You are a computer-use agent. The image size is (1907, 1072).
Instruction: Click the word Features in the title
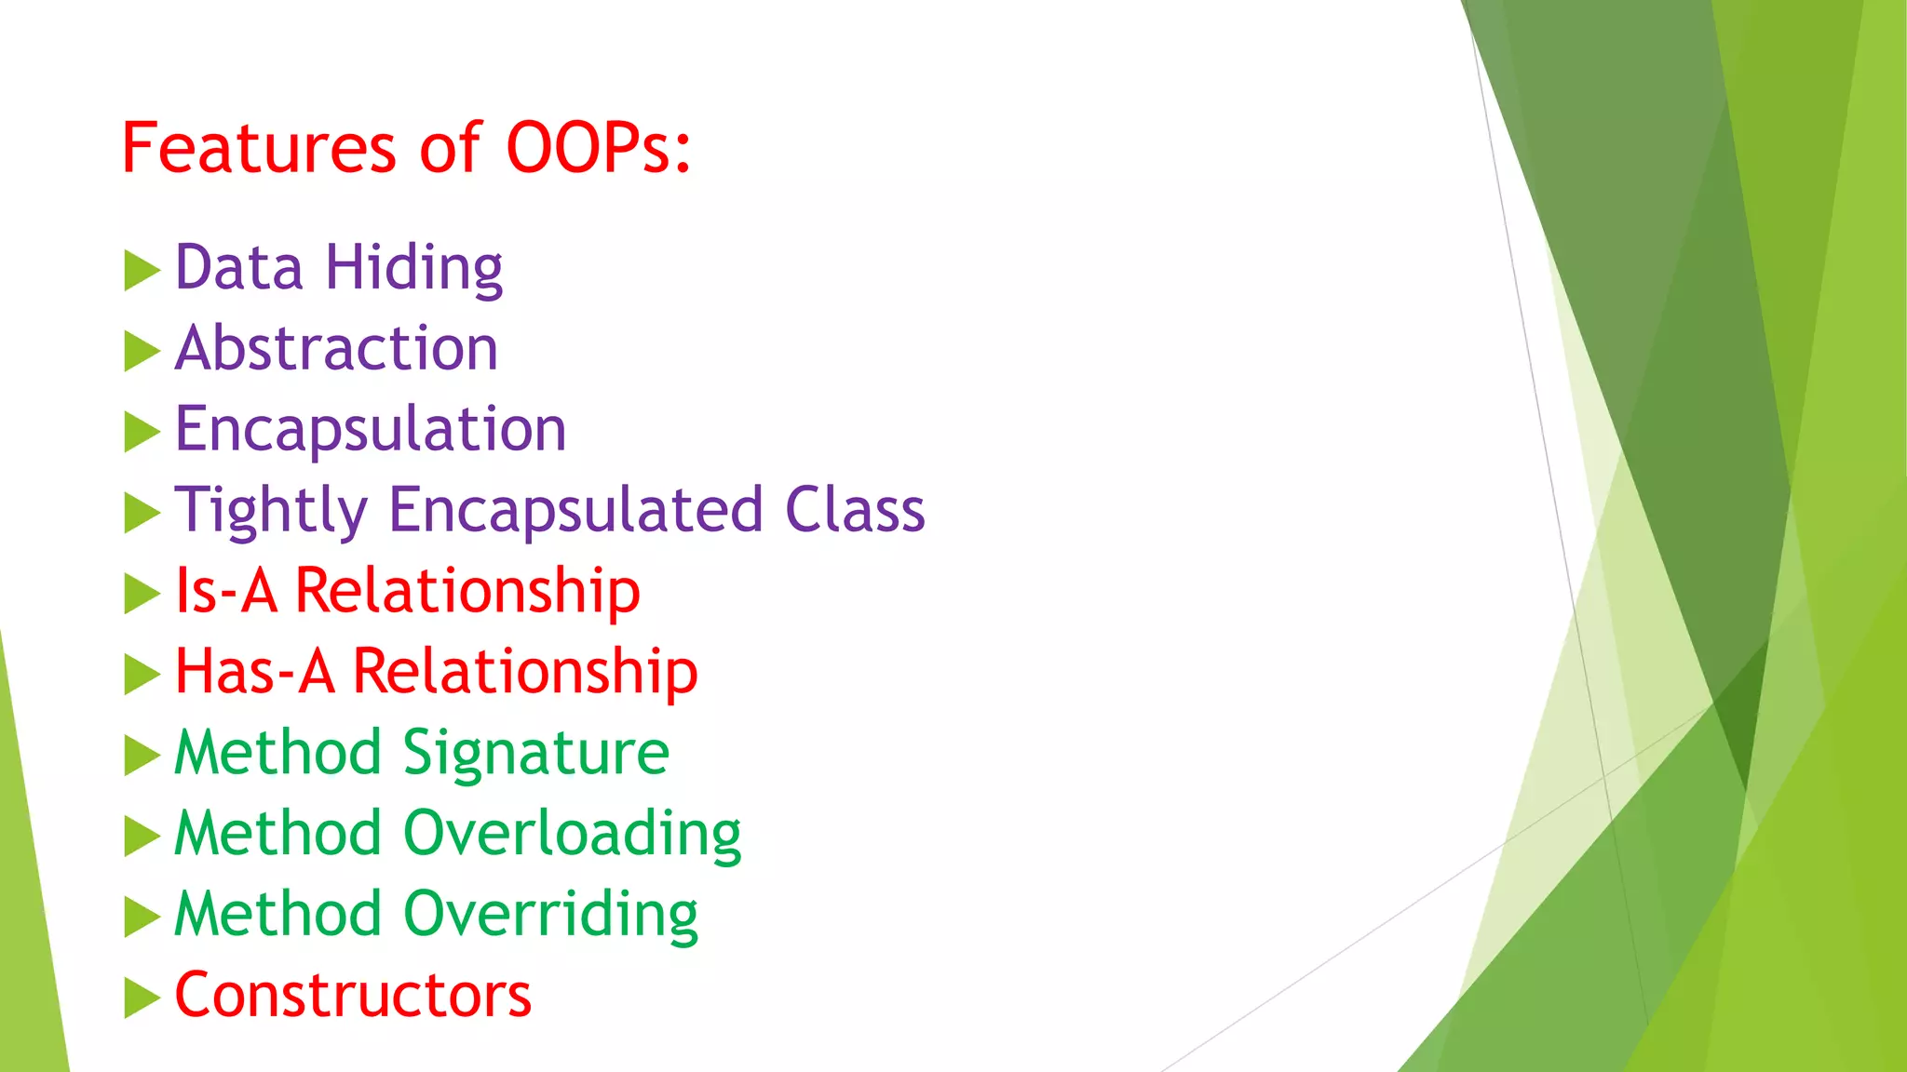coord(259,149)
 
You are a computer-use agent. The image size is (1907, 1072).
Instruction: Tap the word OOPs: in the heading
coord(598,149)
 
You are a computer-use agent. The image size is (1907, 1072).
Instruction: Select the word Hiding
coord(413,268)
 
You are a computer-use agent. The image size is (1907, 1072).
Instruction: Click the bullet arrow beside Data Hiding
coord(142,271)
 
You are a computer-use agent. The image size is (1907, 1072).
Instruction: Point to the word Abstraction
coord(336,349)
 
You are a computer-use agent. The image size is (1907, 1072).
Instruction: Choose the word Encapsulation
coord(371,430)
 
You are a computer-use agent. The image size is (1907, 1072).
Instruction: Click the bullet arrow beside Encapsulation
coord(142,433)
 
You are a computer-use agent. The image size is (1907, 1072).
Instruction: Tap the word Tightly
coord(271,511)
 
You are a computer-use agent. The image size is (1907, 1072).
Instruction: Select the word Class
coord(855,510)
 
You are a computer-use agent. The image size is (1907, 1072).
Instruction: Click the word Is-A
coord(226,591)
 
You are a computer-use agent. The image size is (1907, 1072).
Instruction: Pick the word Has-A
coord(254,672)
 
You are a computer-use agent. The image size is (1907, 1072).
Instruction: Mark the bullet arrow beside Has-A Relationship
coord(142,675)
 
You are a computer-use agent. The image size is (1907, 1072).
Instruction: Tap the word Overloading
coord(572,834)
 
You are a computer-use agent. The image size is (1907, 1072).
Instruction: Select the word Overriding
coord(550,915)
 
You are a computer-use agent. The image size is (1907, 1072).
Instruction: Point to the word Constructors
coord(353,996)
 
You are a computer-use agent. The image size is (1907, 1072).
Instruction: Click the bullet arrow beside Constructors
coord(142,998)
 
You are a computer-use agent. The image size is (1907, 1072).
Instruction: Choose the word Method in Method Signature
coord(277,753)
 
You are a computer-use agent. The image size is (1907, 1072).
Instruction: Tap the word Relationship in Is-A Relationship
coord(467,591)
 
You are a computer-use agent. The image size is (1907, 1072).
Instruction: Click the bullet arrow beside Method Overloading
coord(142,837)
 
